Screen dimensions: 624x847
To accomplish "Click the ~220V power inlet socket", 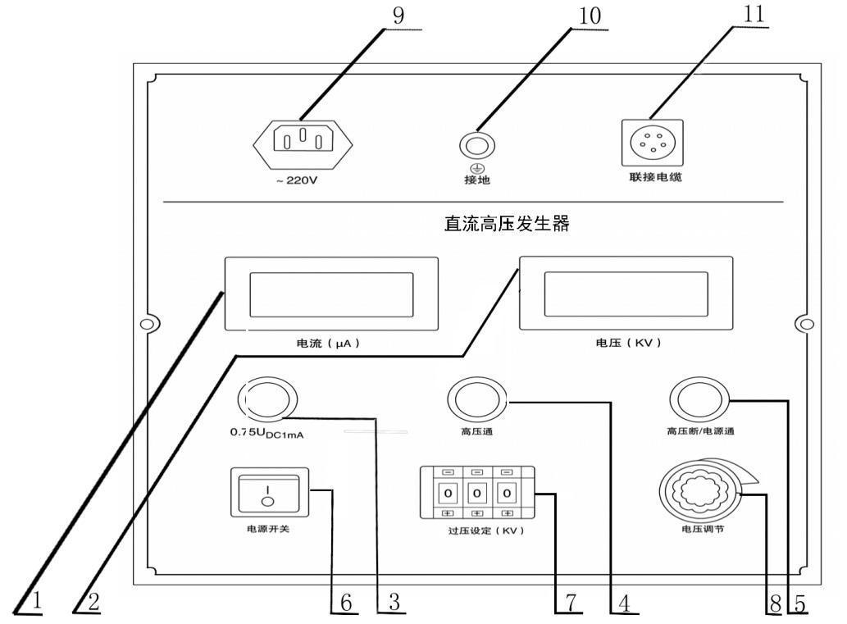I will [x=302, y=143].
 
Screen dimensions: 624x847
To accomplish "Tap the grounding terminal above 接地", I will [x=476, y=144].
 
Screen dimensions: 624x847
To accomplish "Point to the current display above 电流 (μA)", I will [x=331, y=294].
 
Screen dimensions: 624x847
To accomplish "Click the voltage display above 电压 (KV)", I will [x=626, y=294].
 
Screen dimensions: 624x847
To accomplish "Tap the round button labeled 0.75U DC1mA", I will [x=266, y=401].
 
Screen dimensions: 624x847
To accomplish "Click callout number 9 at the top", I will [x=398, y=17].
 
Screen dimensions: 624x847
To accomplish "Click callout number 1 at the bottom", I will [x=35, y=603].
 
